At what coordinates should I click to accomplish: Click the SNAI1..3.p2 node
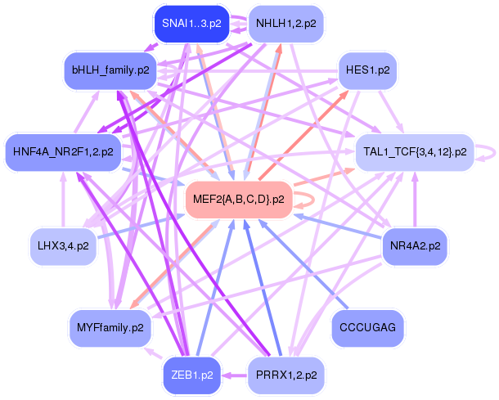(x=191, y=24)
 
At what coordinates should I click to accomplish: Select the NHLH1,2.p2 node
(x=286, y=24)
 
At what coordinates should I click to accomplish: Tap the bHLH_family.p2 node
(x=110, y=70)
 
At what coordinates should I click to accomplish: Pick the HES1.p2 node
(x=367, y=70)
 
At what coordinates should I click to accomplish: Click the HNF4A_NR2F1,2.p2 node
(x=63, y=152)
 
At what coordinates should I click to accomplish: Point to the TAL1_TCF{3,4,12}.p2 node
(x=415, y=152)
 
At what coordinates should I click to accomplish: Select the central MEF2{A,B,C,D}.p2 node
(x=239, y=200)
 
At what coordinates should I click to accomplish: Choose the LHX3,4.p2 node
(x=63, y=246)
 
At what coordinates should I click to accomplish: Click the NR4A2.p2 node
(x=415, y=246)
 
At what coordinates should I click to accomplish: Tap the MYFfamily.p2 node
(x=110, y=328)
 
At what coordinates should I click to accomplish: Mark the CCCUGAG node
(x=367, y=328)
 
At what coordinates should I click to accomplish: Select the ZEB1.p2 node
(x=192, y=375)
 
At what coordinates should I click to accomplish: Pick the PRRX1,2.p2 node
(x=286, y=375)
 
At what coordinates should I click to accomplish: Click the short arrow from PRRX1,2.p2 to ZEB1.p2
(x=235, y=375)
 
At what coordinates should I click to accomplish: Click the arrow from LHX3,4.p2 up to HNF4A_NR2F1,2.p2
(x=63, y=200)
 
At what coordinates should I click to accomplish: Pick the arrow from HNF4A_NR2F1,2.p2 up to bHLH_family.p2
(x=87, y=111)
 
